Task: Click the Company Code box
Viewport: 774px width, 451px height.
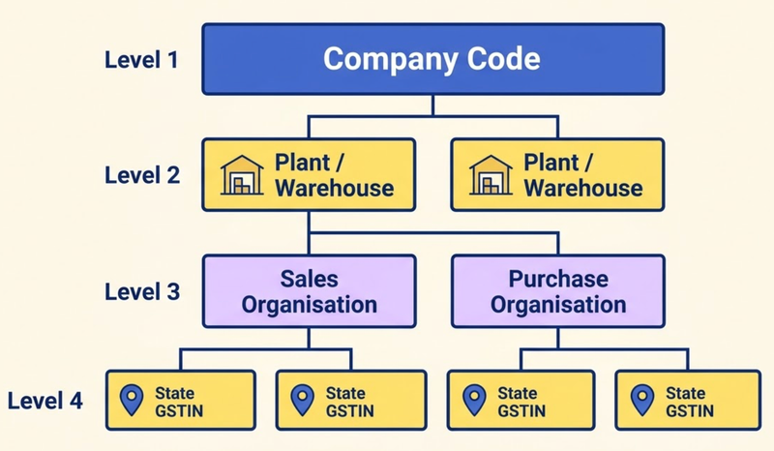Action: pyautogui.click(x=432, y=59)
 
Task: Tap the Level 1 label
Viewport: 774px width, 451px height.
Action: pyautogui.click(x=141, y=60)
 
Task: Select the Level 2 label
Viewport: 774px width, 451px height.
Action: pyautogui.click(x=142, y=175)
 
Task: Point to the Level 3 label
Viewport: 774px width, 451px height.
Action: pyautogui.click(x=142, y=291)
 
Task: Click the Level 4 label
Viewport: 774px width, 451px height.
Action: pyautogui.click(x=45, y=401)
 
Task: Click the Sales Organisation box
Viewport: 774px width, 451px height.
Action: pyautogui.click(x=309, y=291)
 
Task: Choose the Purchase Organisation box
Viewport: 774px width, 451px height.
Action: pyautogui.click(x=558, y=291)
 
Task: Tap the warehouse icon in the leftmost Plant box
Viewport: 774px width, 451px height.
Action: pyautogui.click(x=242, y=175)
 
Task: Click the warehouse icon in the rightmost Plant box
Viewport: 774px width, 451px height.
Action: pyautogui.click(x=491, y=175)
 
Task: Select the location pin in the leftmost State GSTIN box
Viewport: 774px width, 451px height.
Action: pyautogui.click(x=132, y=400)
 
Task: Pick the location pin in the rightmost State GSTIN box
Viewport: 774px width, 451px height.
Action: pyautogui.click(x=642, y=400)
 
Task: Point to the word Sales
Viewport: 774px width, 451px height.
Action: pyautogui.click(x=309, y=279)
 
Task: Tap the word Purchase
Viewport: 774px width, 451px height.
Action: pyautogui.click(x=558, y=279)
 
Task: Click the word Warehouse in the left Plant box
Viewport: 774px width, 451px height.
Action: pyautogui.click(x=335, y=188)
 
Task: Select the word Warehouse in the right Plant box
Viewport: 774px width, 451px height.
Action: pyautogui.click(x=583, y=188)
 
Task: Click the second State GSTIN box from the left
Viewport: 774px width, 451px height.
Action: pyautogui.click(x=351, y=400)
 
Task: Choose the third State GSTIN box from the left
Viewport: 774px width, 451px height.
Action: pyautogui.click(x=521, y=400)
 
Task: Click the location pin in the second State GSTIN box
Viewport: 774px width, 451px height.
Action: pyautogui.click(x=303, y=400)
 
